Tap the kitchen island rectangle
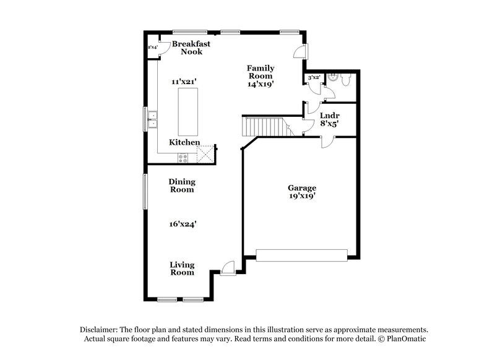[x=188, y=111]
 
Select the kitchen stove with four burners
[x=183, y=156]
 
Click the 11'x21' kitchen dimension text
[x=184, y=81]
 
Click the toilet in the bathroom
[x=346, y=81]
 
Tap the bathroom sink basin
[x=332, y=79]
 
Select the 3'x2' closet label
[x=314, y=78]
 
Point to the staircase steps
[x=262, y=126]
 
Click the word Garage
[x=302, y=188]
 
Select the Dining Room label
[x=183, y=186]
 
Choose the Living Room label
[x=183, y=268]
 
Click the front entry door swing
[x=228, y=267]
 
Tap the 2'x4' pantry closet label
[x=152, y=47]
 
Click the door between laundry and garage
[x=326, y=142]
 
